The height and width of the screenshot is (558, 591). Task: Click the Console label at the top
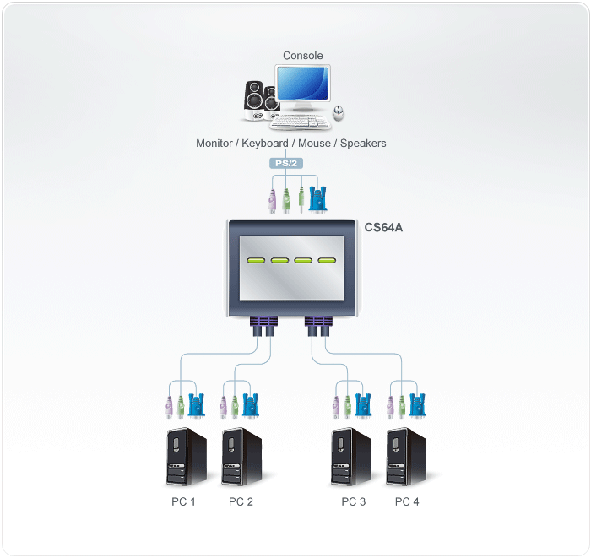point(302,56)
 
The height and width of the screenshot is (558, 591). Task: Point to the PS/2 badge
point(284,163)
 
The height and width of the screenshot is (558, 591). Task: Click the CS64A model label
point(383,227)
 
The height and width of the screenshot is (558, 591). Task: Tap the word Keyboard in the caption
point(264,144)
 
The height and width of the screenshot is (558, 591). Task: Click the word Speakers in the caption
point(363,144)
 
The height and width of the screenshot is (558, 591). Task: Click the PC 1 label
point(183,501)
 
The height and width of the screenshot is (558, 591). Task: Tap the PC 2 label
point(241,501)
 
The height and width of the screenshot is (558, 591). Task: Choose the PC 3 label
point(353,501)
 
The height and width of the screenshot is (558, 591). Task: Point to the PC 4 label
point(407,501)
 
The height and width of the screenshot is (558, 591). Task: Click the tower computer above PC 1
point(186,457)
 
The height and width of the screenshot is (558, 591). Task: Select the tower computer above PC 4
point(407,457)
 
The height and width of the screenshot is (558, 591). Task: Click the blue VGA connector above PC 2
point(252,404)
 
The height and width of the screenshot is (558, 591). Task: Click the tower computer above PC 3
point(351,457)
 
